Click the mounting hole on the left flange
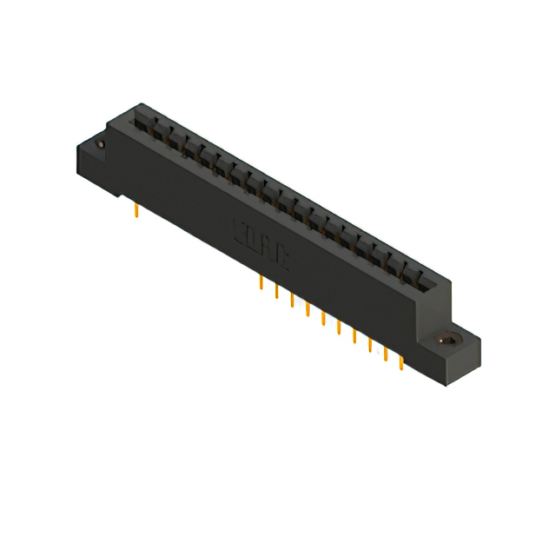coord(101,144)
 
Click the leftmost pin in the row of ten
coord(261,283)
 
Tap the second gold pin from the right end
coord(386,354)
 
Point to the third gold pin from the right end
coord(370,345)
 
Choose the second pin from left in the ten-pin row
coord(276,292)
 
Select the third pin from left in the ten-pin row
coord(292,301)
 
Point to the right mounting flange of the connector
coord(456,347)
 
